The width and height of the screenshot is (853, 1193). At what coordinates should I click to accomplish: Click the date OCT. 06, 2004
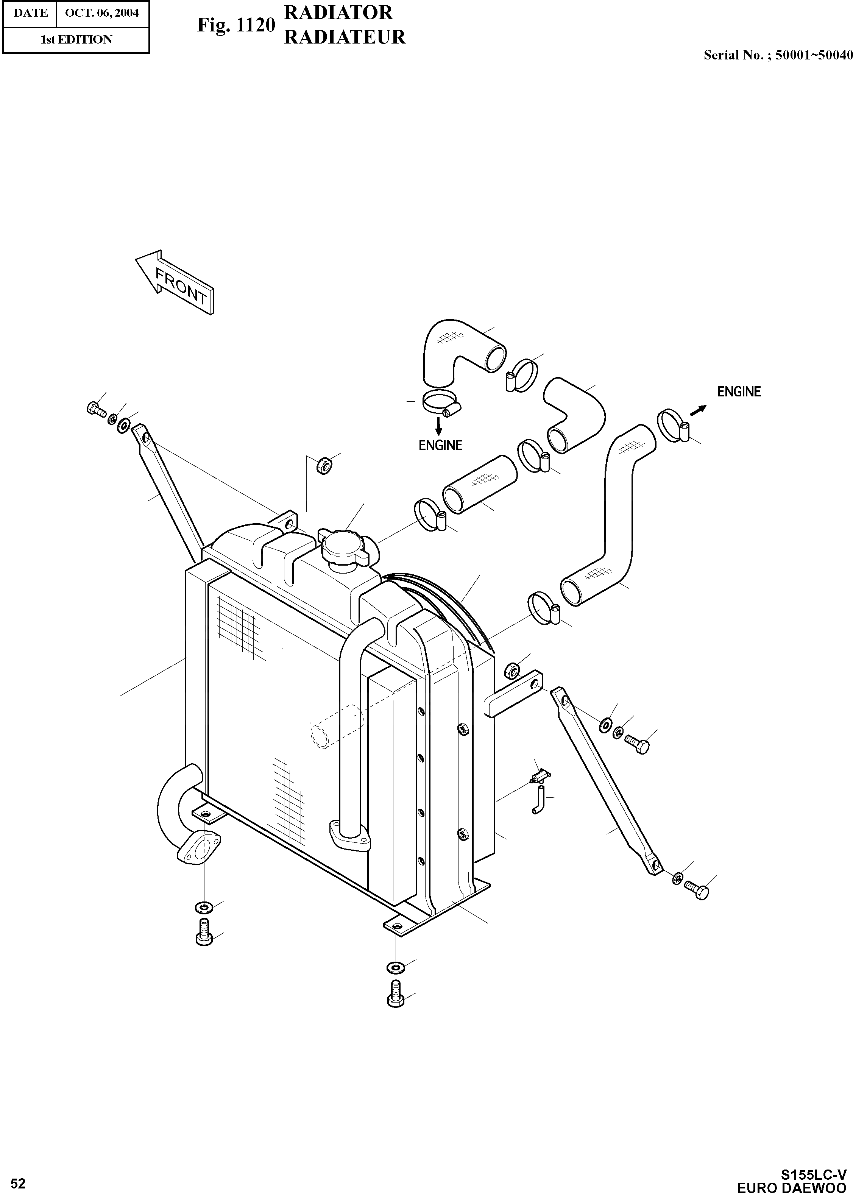(102, 12)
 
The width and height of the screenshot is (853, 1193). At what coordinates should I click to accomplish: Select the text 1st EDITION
(77, 39)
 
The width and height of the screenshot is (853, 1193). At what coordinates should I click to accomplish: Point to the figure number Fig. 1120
(236, 25)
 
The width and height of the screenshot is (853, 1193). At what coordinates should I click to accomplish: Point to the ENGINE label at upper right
(739, 391)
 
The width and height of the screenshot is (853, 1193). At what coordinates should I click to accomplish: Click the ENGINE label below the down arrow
(440, 445)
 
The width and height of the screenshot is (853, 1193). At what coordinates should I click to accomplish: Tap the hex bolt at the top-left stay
(95, 408)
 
